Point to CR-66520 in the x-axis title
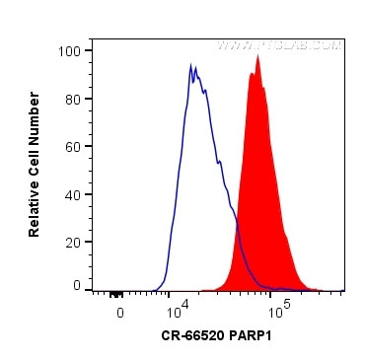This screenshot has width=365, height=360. pos(194,336)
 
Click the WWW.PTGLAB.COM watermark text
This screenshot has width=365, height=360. pos(279,45)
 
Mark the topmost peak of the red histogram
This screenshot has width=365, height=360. pos(257,56)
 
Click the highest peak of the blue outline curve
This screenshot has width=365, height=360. pos(191,65)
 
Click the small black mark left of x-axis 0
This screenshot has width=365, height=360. pos(115,293)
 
